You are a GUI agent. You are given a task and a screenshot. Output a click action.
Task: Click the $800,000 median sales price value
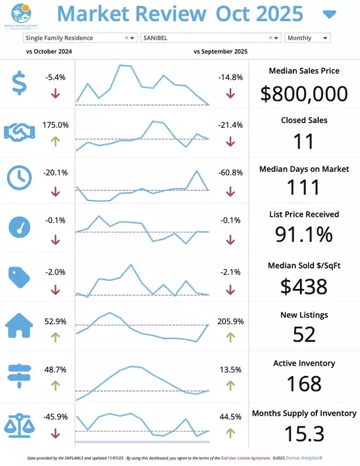(x=304, y=94)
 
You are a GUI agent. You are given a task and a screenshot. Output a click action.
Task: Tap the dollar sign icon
(x=20, y=83)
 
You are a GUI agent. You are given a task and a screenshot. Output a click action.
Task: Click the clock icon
(x=20, y=178)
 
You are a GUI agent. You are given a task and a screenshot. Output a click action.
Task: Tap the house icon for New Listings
(x=20, y=325)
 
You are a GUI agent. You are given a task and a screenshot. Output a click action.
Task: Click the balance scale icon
(x=20, y=423)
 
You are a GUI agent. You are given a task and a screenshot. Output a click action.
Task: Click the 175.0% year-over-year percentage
(x=56, y=125)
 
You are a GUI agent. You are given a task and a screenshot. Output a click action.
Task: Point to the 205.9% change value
(x=230, y=321)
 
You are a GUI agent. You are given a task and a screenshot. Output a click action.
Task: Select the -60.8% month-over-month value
(x=230, y=172)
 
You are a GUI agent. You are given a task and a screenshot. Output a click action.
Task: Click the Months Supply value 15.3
(x=304, y=433)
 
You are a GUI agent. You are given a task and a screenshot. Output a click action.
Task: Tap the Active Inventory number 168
(x=304, y=383)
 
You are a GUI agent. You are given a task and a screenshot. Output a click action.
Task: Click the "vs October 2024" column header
(x=49, y=52)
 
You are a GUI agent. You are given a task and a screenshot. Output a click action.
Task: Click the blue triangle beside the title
(x=329, y=14)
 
